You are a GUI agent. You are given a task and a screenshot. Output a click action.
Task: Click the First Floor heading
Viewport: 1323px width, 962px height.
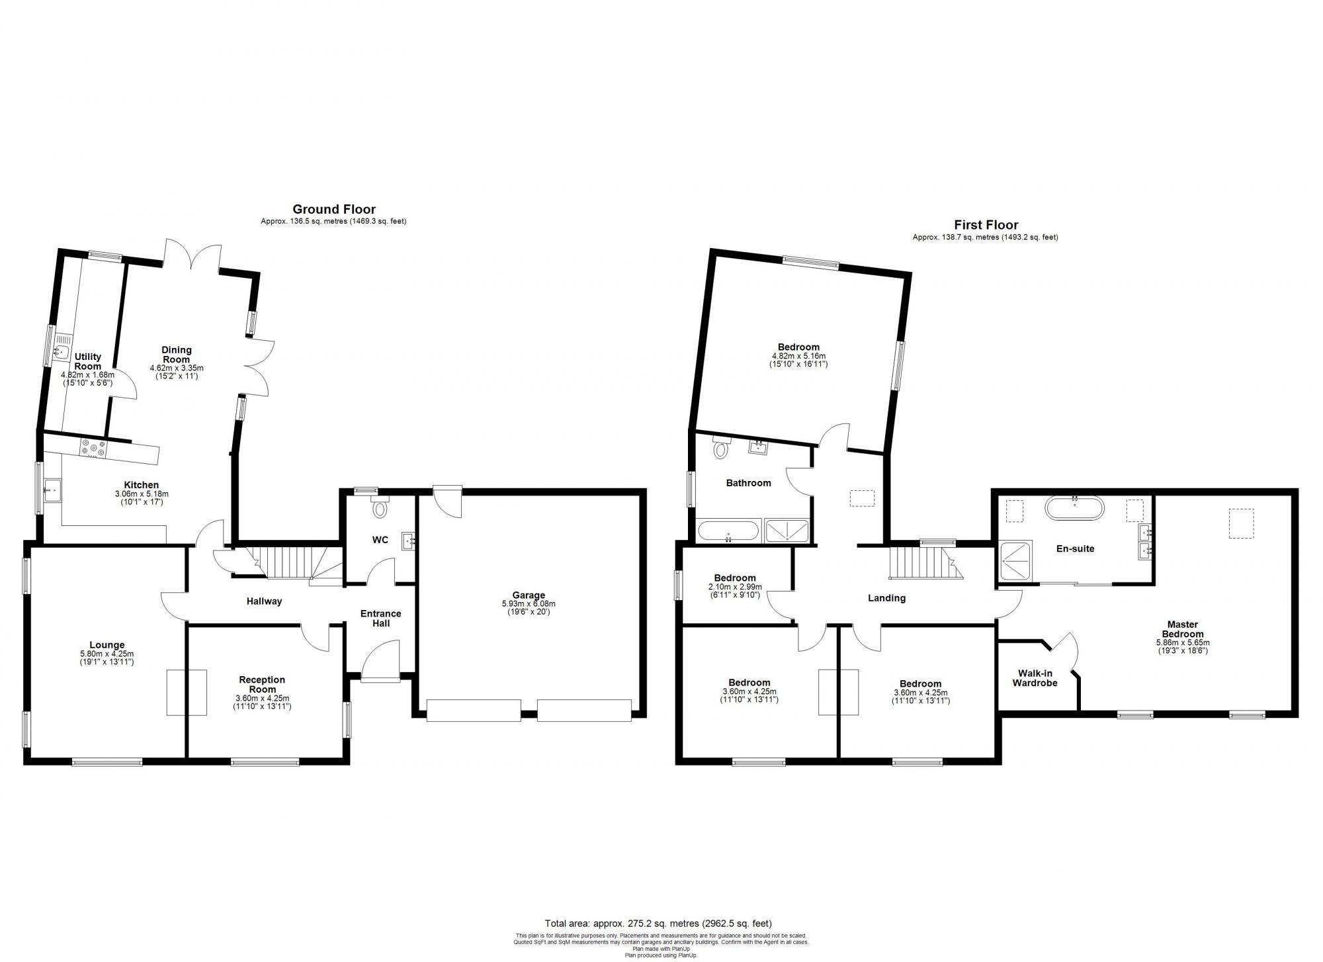(986, 225)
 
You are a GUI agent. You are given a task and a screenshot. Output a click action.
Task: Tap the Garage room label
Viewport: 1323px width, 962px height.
(529, 595)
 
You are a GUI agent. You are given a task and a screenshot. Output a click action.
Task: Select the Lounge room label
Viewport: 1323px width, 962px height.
(107, 645)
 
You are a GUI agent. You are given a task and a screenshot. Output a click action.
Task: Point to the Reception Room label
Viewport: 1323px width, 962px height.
(262, 684)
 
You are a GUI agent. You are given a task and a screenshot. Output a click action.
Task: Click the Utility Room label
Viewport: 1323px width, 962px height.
(88, 362)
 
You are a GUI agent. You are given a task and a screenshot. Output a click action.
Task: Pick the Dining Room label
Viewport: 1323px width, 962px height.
(177, 355)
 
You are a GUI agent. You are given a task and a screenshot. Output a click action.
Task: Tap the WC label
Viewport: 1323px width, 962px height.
(380, 540)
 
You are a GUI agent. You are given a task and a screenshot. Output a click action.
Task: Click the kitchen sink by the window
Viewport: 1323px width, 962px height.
(52, 490)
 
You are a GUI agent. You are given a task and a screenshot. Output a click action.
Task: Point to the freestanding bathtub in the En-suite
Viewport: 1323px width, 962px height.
(1074, 509)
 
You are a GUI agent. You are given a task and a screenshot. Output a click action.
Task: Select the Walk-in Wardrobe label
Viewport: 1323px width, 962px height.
(1035, 678)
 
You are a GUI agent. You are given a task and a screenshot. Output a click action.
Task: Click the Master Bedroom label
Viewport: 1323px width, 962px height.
(1183, 629)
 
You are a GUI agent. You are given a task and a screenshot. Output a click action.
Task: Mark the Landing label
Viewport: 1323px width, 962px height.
(886, 598)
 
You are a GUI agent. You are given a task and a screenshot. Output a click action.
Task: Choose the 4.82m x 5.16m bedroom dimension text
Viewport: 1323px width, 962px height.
(798, 355)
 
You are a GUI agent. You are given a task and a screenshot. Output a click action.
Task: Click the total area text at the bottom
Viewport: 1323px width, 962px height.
(658, 923)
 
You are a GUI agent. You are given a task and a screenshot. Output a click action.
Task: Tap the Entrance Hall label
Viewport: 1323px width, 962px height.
(380, 618)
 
